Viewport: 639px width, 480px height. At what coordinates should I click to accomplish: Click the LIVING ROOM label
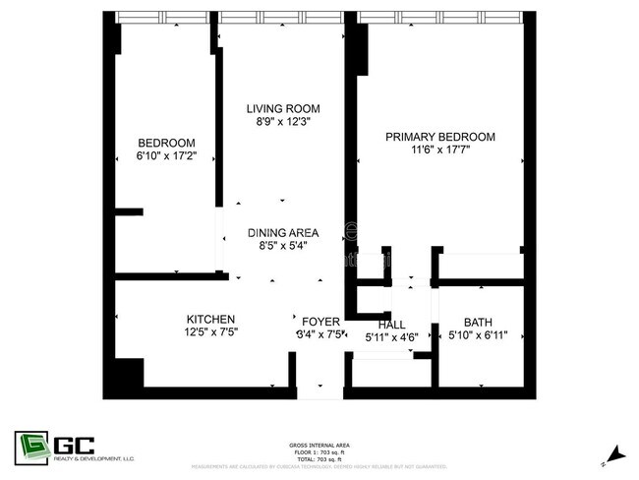(283, 108)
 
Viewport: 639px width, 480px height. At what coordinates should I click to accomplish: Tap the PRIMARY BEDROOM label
(439, 137)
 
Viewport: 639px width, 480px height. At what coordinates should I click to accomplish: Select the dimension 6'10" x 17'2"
(166, 155)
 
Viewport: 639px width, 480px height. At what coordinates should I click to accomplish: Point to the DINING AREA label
(284, 232)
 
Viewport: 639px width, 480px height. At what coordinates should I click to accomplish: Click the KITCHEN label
(210, 319)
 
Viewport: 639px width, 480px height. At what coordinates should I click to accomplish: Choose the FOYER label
(320, 322)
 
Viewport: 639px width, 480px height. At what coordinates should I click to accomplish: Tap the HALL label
(391, 325)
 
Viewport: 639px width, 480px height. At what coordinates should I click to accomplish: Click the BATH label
(479, 322)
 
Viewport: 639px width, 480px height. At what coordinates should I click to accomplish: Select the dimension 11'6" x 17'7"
(439, 150)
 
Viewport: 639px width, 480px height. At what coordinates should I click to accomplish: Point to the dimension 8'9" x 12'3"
(283, 122)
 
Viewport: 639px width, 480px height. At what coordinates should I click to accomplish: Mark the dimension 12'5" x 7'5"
(210, 332)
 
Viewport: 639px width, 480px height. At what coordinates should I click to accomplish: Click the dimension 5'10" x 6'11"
(479, 335)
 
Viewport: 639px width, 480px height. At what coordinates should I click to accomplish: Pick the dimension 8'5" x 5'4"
(284, 246)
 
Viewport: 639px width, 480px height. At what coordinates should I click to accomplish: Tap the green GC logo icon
(31, 446)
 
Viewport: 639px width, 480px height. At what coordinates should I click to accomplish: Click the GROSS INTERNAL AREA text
(319, 445)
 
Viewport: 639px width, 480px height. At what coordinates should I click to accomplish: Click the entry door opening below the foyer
(319, 392)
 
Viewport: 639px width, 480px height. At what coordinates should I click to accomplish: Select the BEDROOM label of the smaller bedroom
(166, 142)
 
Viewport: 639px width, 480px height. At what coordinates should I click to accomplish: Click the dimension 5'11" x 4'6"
(391, 337)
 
